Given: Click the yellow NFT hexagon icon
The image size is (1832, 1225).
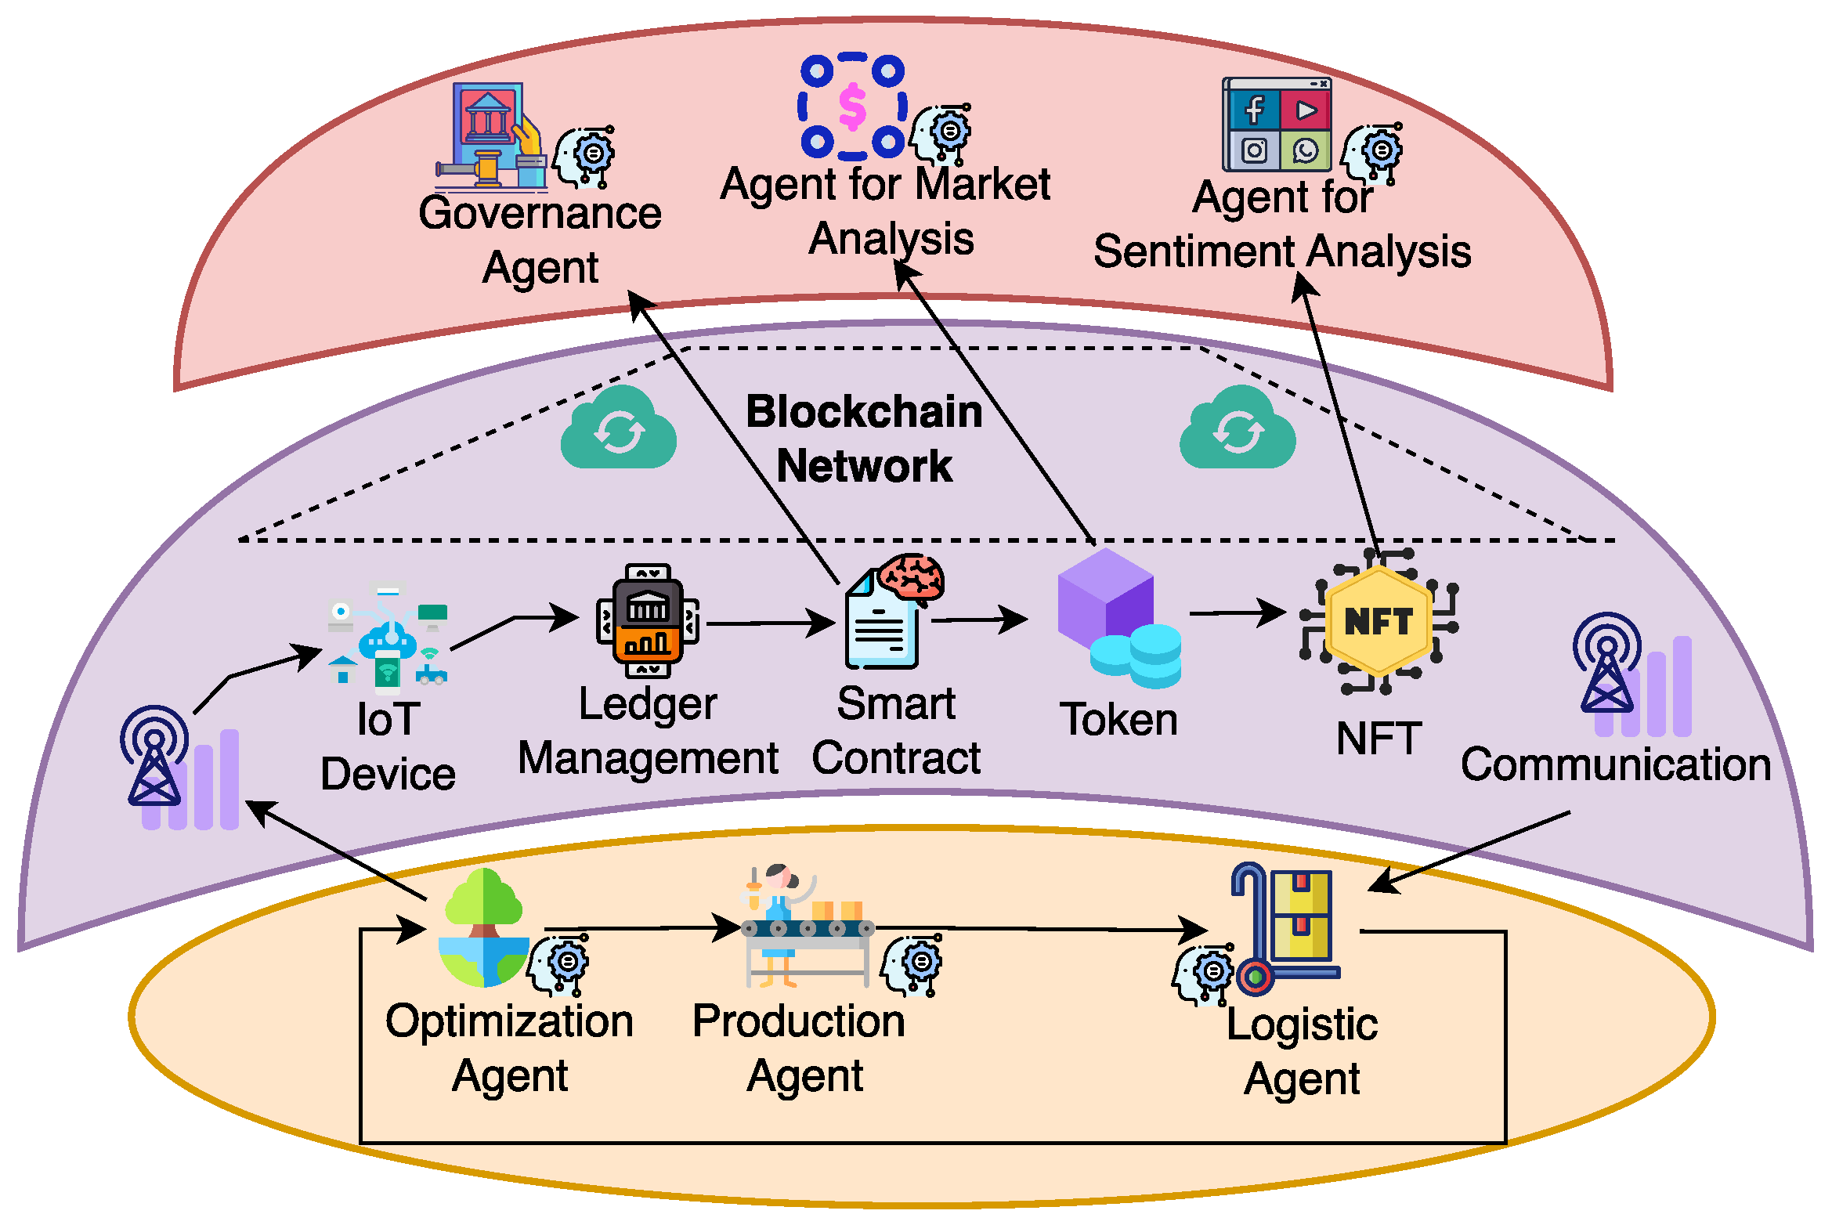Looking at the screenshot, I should click(1379, 621).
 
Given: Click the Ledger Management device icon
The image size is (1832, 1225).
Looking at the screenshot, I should click(648, 621).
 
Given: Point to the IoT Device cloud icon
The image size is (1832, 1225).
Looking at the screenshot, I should click(388, 638).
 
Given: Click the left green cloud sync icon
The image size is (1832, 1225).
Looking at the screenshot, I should click(619, 429).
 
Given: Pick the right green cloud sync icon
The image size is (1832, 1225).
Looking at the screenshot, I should click(1238, 429).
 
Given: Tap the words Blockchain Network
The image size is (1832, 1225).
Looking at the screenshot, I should click(864, 439).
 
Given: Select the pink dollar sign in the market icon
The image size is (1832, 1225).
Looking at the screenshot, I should click(852, 107).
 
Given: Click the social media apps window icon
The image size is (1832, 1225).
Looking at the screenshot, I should click(1277, 125).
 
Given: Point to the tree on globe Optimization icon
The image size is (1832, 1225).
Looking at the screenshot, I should click(484, 928).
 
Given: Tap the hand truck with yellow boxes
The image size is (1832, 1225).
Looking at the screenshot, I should click(1285, 928).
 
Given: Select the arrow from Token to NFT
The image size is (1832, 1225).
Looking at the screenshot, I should click(1238, 612).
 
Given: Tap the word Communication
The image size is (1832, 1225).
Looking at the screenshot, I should click(1616, 765).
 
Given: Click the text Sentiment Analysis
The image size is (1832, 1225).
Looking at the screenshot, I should click(1282, 252).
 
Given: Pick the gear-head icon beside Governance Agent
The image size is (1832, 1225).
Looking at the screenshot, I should click(585, 157).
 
